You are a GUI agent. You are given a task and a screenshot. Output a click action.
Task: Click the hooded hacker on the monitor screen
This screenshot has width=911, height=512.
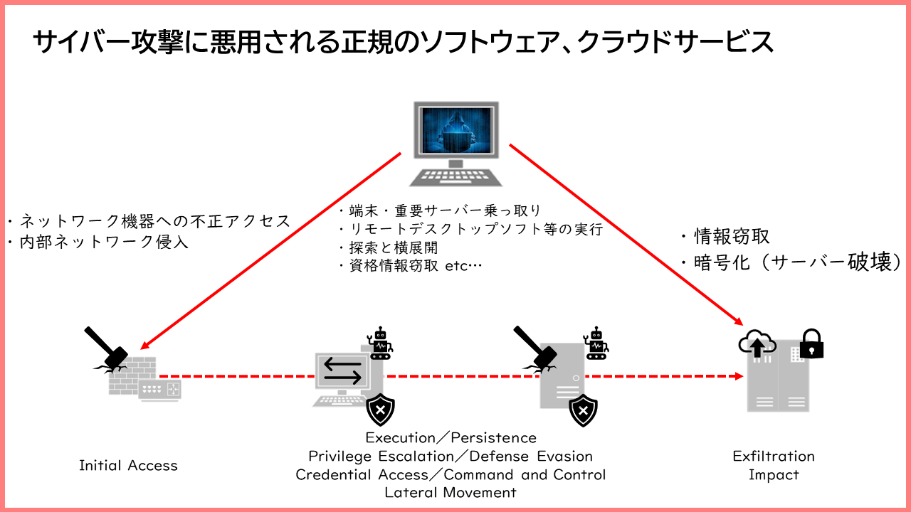456,132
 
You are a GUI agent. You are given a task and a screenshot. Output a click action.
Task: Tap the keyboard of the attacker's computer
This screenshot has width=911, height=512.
456,177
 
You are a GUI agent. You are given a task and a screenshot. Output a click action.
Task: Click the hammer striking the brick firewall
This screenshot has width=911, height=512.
107,348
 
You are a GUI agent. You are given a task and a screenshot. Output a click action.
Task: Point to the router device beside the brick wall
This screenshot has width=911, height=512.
160,390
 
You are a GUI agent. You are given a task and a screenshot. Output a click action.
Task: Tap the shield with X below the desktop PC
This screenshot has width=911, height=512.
380,410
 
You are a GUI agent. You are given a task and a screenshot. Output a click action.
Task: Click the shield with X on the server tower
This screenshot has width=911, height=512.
583,410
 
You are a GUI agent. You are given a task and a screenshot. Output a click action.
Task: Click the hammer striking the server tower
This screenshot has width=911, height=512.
535,347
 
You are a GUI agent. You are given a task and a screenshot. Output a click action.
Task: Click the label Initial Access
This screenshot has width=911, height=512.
129,466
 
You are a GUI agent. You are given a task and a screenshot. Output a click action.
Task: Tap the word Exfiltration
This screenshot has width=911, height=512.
774,457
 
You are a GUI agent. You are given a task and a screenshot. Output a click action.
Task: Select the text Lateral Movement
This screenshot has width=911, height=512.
451,493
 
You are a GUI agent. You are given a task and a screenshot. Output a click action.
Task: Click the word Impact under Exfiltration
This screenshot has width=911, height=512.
774,474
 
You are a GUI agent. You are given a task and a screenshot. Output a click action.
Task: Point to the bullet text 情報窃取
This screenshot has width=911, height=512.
732,237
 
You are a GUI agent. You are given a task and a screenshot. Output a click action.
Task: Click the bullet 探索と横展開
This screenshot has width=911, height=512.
394,247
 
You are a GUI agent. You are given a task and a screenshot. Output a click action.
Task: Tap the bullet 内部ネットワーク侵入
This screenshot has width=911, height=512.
104,242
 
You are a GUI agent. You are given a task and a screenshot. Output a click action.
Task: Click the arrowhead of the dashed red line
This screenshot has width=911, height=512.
739,376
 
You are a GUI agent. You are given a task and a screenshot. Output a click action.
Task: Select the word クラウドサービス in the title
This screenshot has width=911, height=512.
675,42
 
